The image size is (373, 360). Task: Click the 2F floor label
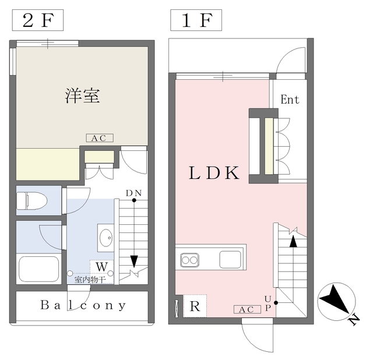pos(37,20)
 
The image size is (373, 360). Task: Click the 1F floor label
pos(196,20)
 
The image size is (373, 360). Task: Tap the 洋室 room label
pos(82,96)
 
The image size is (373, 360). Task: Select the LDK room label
pos(214,172)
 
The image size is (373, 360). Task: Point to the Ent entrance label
pos(290,100)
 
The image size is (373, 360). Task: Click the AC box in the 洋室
pos(100,138)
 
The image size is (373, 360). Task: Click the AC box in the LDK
pos(247,309)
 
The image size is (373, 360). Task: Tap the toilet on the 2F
pos(31,200)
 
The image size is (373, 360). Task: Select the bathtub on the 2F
pos(39,269)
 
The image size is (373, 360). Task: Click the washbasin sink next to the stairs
pos(106,238)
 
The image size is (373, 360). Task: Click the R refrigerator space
pos(195,306)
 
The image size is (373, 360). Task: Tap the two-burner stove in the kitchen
pos(189,260)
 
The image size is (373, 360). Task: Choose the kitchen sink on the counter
pos(230,260)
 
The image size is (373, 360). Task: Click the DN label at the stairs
pos(133,193)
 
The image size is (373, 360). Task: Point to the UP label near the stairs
pos(268,303)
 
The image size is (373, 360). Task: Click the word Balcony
pos(83,305)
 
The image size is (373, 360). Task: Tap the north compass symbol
pos(337,302)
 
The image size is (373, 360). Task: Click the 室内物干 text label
pos(90,280)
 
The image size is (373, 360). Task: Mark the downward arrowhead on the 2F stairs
pos(134,262)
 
